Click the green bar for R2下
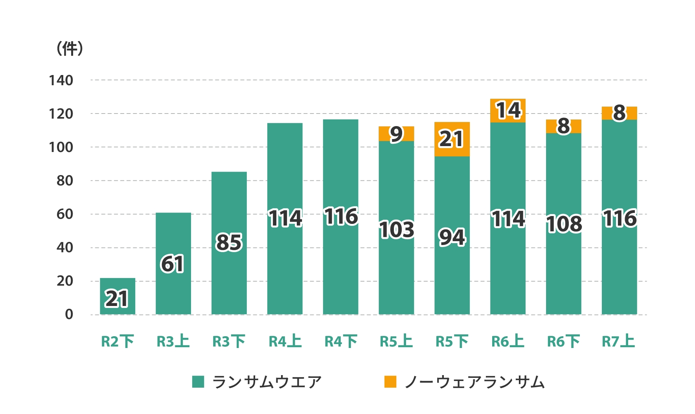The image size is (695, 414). (118, 296)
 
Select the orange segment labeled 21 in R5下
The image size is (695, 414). (452, 139)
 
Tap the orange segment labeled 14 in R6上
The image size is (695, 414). (507, 110)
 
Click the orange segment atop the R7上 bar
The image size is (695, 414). (619, 113)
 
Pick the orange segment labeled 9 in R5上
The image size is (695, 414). (396, 134)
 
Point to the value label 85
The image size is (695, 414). (229, 242)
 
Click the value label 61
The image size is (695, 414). (172, 264)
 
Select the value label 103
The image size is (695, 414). (396, 230)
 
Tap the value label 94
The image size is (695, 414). (452, 238)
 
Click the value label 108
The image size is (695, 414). (564, 224)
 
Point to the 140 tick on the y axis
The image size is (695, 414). (61, 81)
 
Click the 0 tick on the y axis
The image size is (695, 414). (69, 314)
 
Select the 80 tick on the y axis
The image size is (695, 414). (65, 181)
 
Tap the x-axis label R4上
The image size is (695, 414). (285, 341)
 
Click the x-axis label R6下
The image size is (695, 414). (563, 341)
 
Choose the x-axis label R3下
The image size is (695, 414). (229, 341)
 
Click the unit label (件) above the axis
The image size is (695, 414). (70, 49)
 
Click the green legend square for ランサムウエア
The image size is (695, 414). (198, 382)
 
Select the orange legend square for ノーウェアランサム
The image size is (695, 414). (390, 382)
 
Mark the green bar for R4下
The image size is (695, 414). (340, 267)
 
